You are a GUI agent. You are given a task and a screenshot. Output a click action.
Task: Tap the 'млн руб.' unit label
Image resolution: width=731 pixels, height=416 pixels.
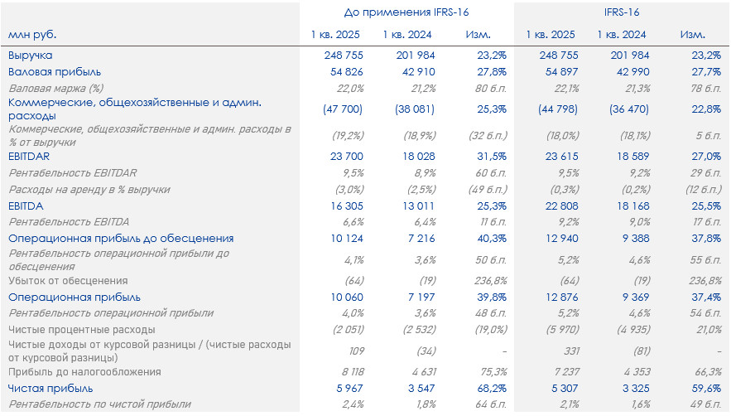point(33,35)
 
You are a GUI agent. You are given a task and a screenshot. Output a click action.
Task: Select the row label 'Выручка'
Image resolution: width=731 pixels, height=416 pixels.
point(31,56)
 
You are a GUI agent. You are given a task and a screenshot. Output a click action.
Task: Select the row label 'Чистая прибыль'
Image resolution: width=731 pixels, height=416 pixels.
point(50,388)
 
